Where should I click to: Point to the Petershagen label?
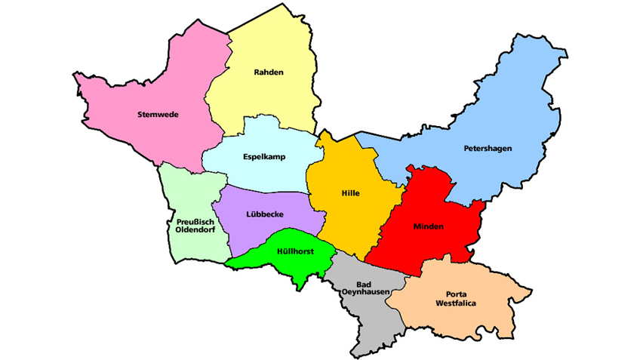(x=488, y=149)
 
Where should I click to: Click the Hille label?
(x=350, y=193)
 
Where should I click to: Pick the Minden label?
(x=428, y=226)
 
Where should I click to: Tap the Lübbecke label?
(x=265, y=214)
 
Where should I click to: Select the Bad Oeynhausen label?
(x=365, y=287)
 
